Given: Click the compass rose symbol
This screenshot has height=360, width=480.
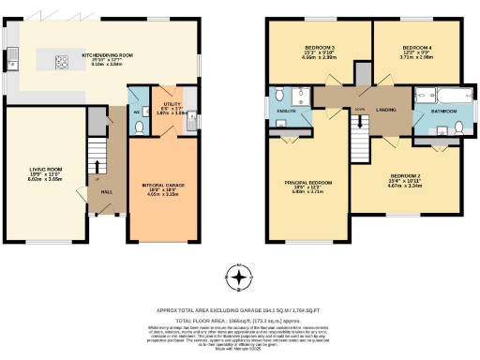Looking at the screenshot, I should coord(240,278).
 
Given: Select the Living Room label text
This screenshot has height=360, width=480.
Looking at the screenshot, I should coord(44,171).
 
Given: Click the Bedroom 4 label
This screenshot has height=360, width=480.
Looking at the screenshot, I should coord(416,47).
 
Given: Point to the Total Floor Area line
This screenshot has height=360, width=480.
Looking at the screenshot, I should coord(240,319).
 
